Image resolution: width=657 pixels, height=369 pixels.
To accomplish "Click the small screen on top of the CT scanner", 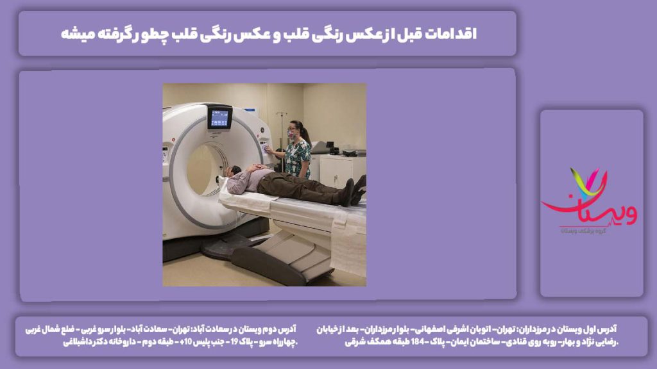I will (219, 117).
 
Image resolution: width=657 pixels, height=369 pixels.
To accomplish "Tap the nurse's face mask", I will (294, 135).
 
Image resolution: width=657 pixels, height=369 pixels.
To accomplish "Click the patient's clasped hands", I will (256, 168).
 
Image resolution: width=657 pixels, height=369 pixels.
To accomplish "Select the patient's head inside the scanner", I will (233, 171).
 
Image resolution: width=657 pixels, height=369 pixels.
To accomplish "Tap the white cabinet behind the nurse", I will (340, 170).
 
